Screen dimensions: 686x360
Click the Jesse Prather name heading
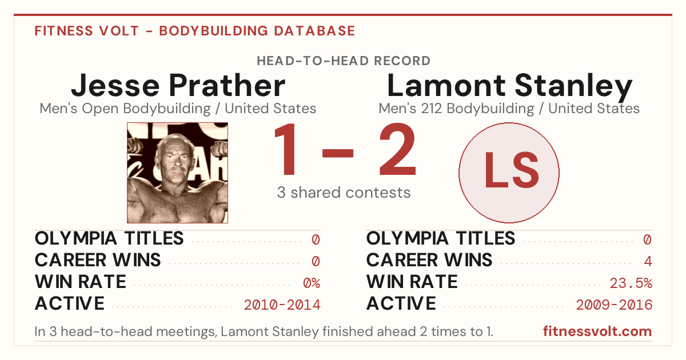coord(178,85)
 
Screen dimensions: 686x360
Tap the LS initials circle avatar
coord(509,173)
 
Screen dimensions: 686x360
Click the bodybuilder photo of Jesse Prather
coord(177,173)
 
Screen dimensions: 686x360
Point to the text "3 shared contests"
coord(344,193)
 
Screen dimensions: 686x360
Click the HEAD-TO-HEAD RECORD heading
coord(344,61)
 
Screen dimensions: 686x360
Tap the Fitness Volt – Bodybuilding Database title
coord(195,31)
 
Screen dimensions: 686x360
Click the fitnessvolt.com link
coord(597,331)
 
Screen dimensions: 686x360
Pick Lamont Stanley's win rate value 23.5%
coord(631,283)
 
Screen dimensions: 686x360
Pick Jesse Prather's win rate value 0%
coord(312,283)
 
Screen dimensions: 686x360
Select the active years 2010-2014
coord(282,305)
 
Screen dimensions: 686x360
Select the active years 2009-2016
coord(614,305)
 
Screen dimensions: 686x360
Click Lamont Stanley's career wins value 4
coord(648,261)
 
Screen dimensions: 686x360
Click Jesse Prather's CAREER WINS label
coord(98,260)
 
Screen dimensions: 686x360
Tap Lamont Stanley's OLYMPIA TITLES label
coord(441,238)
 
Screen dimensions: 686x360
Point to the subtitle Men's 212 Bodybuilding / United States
coord(509,109)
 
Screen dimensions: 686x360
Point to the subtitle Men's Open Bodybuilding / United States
coord(178,109)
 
